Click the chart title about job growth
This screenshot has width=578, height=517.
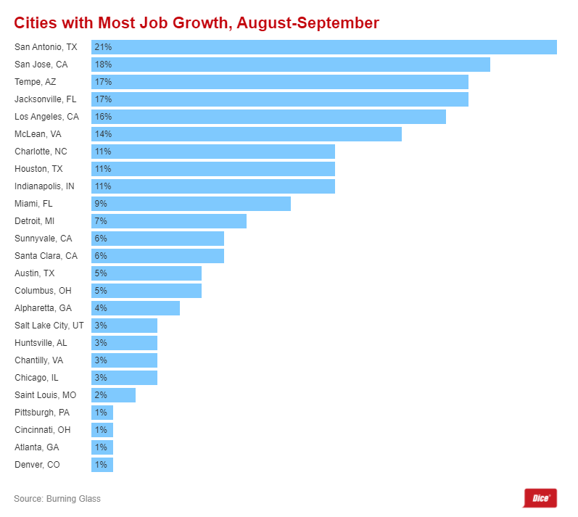pos(197,23)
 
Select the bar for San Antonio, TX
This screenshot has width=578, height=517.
pos(324,47)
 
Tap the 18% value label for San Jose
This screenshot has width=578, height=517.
pos(102,65)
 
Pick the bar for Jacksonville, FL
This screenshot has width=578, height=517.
pos(280,99)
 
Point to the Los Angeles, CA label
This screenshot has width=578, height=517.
pos(46,117)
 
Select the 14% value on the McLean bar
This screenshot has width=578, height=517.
pos(102,134)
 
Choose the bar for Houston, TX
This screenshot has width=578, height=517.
pos(213,169)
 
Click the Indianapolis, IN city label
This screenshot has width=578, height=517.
pos(44,186)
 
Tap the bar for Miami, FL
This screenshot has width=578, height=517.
pos(191,204)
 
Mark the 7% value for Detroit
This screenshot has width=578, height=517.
pos(100,221)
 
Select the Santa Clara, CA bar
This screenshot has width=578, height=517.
pos(157,256)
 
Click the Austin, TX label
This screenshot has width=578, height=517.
pos(34,273)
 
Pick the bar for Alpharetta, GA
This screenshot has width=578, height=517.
pos(136,308)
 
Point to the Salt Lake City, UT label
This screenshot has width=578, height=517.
pos(49,326)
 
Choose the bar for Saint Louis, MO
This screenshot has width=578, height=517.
pos(113,395)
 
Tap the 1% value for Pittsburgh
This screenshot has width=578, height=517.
pos(100,413)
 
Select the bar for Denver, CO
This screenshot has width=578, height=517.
pos(102,465)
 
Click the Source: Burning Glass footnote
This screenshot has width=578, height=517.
pos(57,499)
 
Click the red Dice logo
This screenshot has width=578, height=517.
pos(539,498)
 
